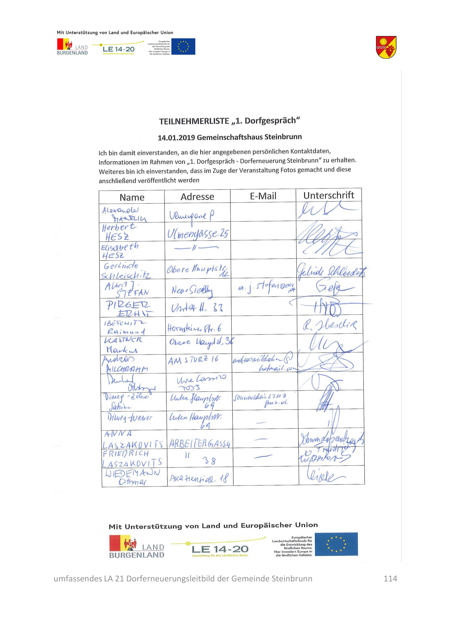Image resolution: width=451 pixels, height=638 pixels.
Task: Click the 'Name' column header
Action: (132, 197)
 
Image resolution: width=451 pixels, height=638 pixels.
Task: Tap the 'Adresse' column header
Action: (197, 197)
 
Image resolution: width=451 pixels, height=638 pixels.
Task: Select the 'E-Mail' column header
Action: (263, 196)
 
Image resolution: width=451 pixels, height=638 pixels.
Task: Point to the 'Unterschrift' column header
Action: (329, 195)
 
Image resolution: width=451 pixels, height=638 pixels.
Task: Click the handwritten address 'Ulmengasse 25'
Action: (197, 234)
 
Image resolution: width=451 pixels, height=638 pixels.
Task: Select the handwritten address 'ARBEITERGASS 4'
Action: (200, 443)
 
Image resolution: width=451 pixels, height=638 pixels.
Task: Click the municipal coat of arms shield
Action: (386, 47)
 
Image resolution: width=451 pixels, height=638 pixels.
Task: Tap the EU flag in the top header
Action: (183, 46)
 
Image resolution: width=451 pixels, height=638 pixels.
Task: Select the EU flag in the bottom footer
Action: (336, 544)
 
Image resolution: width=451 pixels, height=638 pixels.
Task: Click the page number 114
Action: (390, 579)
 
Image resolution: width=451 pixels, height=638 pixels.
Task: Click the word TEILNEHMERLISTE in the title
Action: (194, 121)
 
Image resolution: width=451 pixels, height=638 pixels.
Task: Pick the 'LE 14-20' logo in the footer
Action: (220, 549)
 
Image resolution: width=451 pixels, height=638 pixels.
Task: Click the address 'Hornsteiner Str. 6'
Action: (194, 328)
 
